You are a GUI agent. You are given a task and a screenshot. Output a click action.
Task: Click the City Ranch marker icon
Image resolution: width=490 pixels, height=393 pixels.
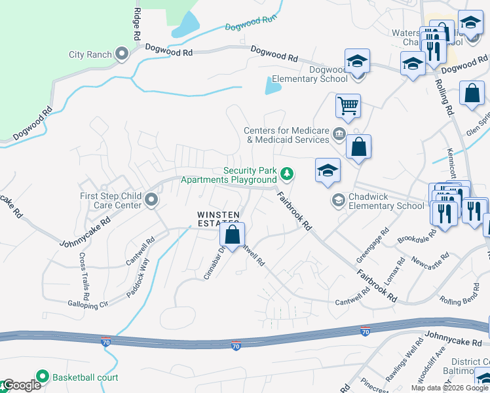(121, 54)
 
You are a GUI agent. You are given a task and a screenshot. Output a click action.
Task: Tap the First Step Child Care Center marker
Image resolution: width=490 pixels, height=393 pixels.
(151, 199)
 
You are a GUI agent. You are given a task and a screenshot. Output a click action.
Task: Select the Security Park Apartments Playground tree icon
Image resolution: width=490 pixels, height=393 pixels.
(286, 174)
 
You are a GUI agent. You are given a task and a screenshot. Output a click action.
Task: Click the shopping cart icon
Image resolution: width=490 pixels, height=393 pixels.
(348, 105)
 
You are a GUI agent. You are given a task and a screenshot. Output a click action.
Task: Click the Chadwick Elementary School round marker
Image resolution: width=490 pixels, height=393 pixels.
(339, 200)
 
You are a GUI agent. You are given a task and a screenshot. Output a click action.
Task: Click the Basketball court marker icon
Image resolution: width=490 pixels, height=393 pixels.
(43, 377)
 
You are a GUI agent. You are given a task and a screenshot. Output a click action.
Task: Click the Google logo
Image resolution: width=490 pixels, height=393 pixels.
(22, 385)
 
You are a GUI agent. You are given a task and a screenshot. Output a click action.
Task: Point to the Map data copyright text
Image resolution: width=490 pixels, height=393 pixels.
(449, 388)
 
